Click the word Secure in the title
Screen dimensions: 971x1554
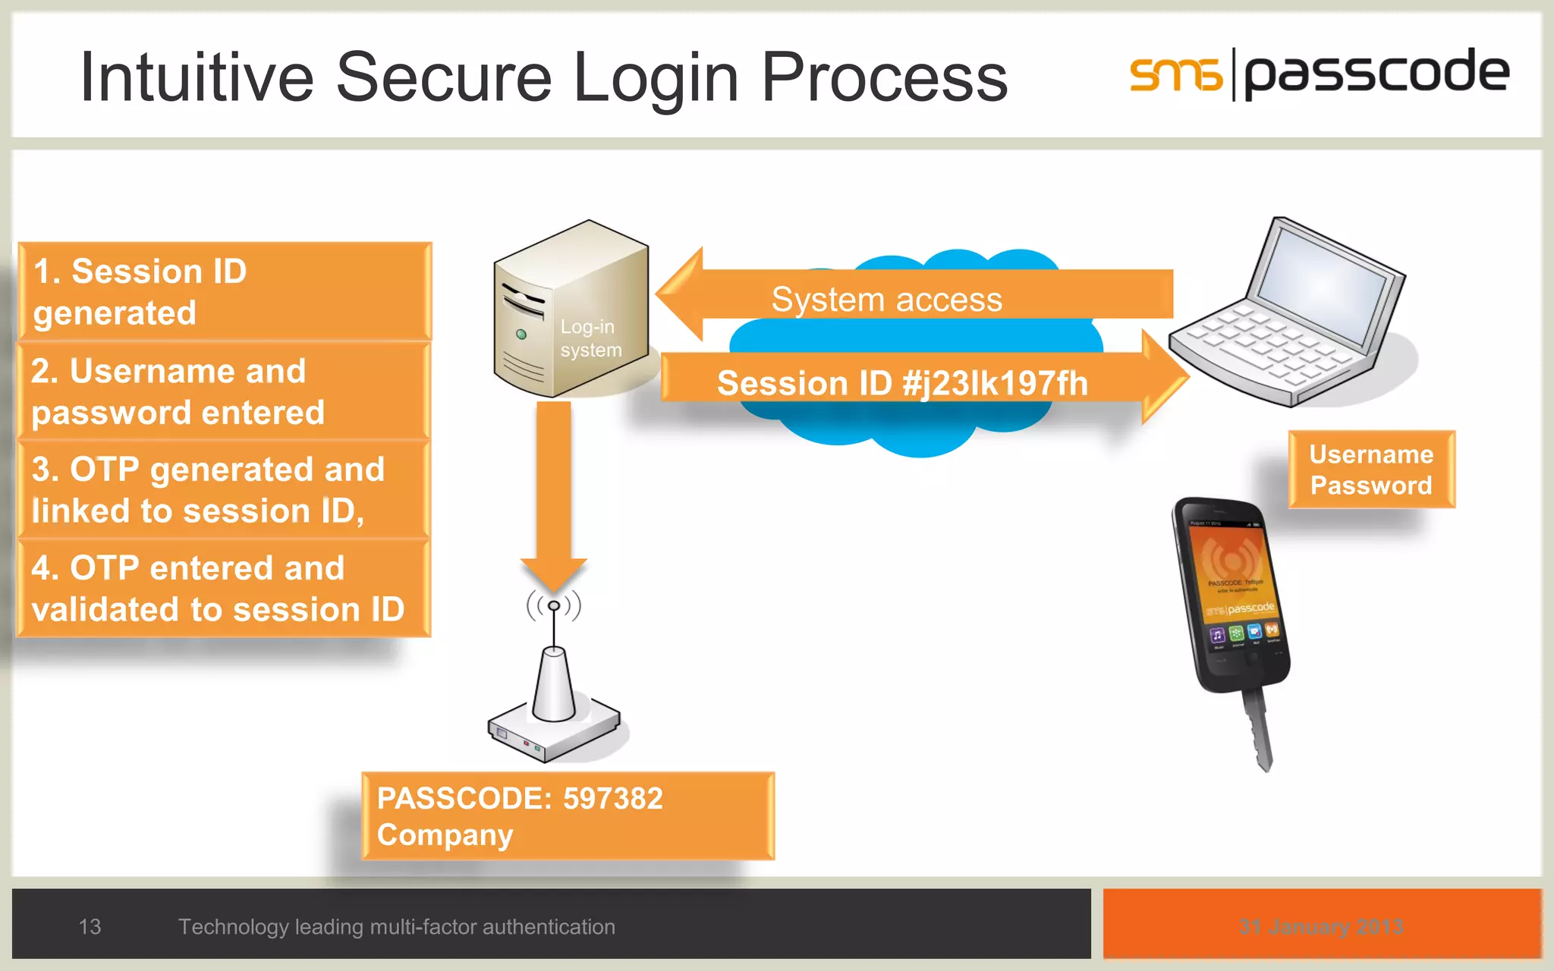444,77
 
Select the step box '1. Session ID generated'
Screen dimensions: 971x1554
224,291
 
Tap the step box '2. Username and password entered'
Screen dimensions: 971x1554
224,391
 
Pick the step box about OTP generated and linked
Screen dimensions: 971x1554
224,490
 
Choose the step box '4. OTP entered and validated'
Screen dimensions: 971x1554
224,589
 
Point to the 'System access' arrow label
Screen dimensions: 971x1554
886,300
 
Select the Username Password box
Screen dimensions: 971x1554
1371,470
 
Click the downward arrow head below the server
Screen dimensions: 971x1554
554,573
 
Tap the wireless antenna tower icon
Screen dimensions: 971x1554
554,683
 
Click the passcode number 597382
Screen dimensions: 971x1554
612,799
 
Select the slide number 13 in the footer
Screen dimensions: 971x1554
90,926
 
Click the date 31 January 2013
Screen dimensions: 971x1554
1321,926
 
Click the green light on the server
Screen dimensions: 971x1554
521,334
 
